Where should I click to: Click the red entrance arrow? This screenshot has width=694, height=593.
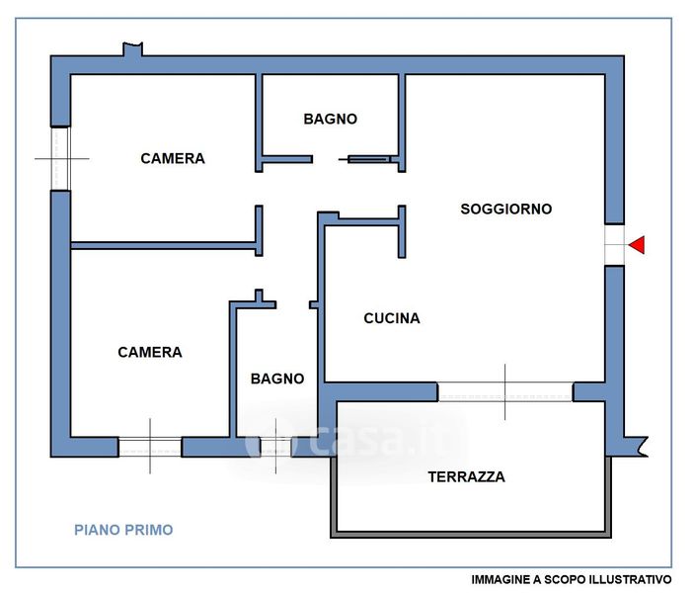coord(638,245)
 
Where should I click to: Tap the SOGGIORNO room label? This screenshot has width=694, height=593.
coord(505,209)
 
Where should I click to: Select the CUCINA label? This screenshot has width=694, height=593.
coord(392,318)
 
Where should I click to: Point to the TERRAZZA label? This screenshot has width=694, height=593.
coord(466,477)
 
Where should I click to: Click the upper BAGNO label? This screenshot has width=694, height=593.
coord(330,119)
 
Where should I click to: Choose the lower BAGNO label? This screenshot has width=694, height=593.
coord(277,379)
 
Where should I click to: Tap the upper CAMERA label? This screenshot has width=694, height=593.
coord(173,158)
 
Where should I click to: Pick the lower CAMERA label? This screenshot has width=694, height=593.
coord(150,352)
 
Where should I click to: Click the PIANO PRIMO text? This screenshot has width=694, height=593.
coord(123,530)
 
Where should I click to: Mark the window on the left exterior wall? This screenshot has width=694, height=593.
coord(60,159)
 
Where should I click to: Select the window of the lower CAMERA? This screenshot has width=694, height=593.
coord(150,447)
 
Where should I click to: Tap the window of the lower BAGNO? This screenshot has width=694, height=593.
coord(275,447)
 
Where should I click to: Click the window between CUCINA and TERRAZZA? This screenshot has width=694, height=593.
coord(505,391)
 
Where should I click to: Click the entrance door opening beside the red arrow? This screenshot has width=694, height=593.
coord(614,245)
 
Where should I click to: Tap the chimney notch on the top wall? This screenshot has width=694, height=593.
coord(133,49)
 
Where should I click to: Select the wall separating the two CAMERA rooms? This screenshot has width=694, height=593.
coord(163,245)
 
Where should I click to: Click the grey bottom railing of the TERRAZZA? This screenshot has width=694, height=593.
coord(471,535)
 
